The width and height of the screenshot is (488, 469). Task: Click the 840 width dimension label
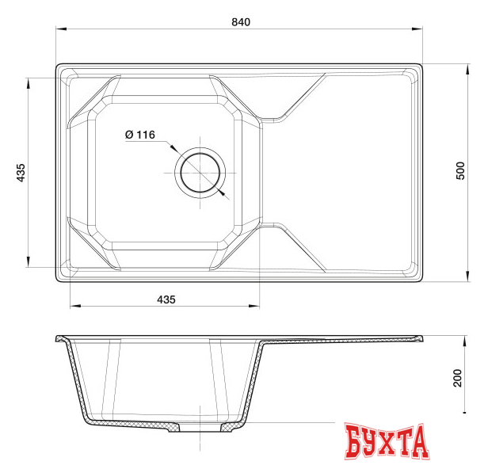pos(240,21)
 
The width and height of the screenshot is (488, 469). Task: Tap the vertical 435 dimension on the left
pos(21,173)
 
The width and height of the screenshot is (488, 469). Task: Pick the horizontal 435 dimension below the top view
pos(165,299)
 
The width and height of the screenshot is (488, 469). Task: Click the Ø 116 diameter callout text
pos(139,135)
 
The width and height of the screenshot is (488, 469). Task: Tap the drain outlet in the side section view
pos(200,428)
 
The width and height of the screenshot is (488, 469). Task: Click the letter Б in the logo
pos(353,442)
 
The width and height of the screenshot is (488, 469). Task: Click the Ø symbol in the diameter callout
pos(129,135)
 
